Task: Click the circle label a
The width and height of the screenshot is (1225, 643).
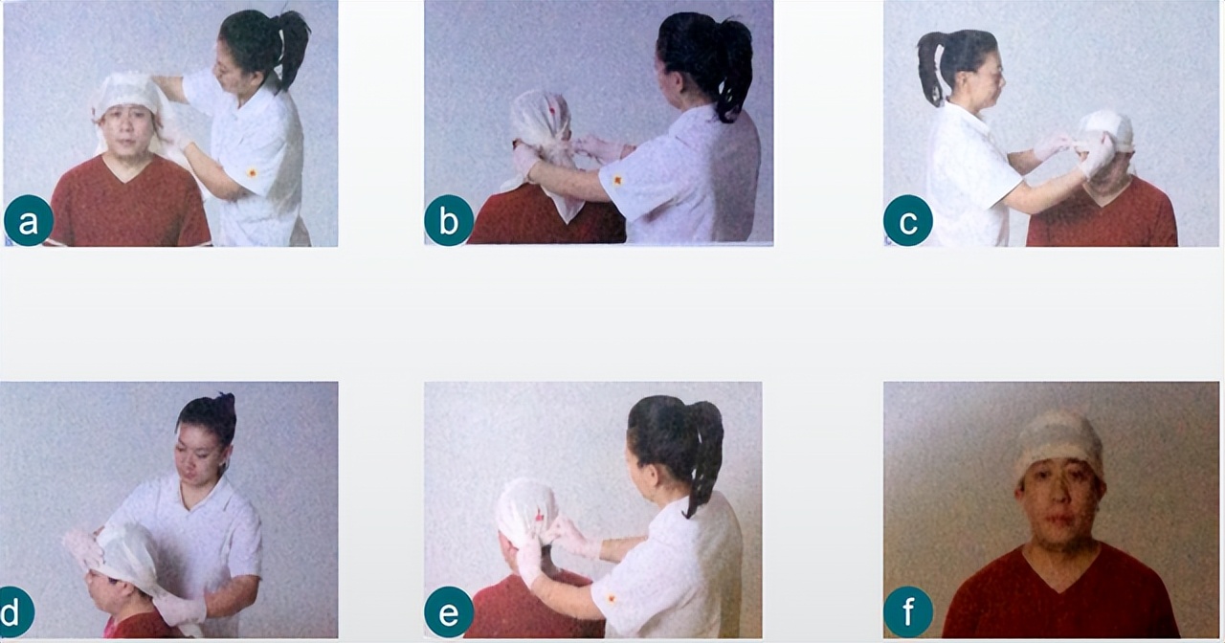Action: (x=29, y=220)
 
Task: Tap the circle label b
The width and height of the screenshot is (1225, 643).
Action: (x=449, y=220)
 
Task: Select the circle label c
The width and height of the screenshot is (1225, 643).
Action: (x=908, y=220)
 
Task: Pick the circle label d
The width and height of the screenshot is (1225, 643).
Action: (x=12, y=612)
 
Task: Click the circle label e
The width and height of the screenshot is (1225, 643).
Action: (x=449, y=612)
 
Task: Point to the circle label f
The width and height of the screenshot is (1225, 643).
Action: (x=908, y=612)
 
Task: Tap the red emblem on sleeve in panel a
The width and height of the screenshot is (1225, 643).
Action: (x=252, y=173)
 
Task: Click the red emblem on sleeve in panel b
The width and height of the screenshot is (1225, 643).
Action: (x=617, y=180)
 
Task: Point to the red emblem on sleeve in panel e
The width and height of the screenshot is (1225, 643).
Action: (x=612, y=599)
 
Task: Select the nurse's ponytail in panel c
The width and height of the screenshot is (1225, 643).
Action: (x=928, y=67)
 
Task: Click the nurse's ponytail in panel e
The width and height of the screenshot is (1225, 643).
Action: (x=706, y=454)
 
